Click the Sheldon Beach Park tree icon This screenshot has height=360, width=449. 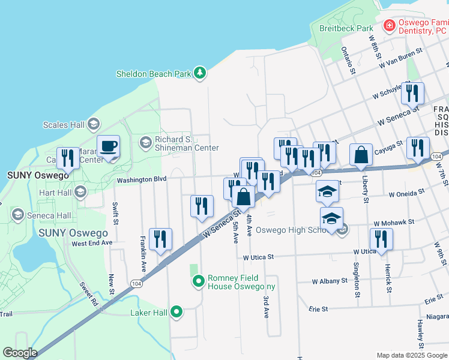200,74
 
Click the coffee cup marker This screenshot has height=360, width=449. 108,146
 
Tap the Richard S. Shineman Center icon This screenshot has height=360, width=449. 145,142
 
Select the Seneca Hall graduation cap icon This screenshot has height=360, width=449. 17,215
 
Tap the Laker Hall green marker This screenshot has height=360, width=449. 176,312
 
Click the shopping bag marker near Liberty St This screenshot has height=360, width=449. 361,155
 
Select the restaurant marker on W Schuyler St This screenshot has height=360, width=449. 412,93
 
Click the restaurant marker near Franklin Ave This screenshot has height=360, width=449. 160,239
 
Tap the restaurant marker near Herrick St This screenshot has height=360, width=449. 381,239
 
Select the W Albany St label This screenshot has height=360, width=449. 330,281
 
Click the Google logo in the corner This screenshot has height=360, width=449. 20,353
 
